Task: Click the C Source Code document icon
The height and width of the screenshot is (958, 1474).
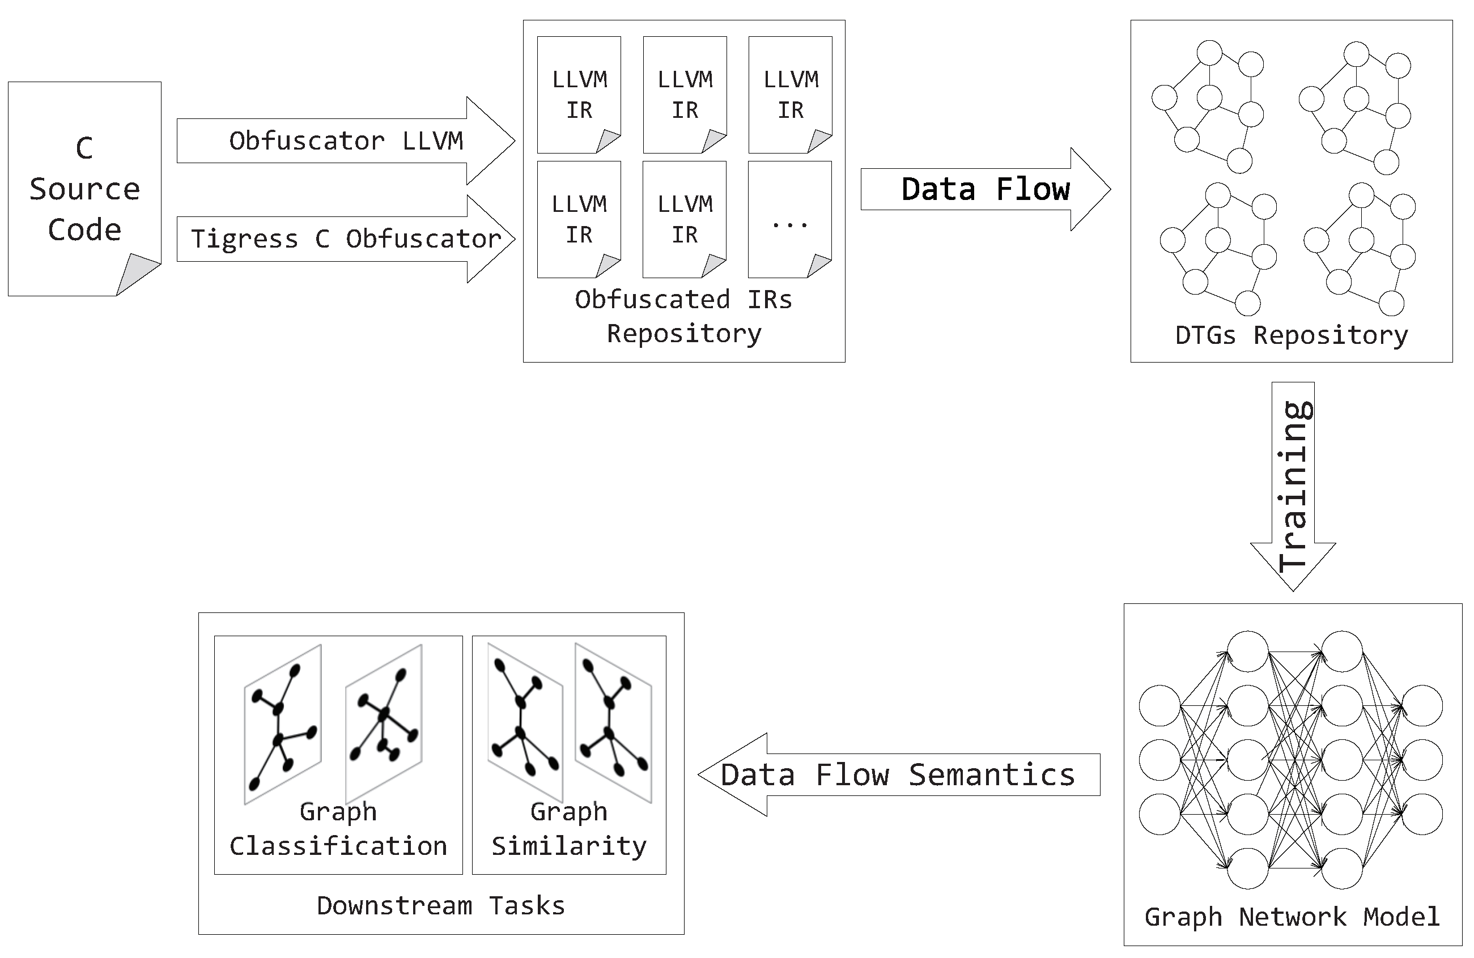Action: pyautogui.click(x=84, y=188)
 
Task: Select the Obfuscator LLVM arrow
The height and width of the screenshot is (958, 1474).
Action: pyautogui.click(x=346, y=140)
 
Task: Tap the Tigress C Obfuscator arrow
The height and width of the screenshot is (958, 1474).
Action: pyautogui.click(x=346, y=239)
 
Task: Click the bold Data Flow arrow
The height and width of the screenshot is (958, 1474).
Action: pyautogui.click(x=985, y=189)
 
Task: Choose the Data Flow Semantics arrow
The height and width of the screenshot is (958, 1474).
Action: pyautogui.click(x=898, y=774)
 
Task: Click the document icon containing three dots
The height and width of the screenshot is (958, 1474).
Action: pyautogui.click(x=789, y=219)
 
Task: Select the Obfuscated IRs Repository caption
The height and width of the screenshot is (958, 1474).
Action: pyautogui.click(x=684, y=317)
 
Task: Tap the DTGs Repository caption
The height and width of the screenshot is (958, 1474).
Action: pyautogui.click(x=1292, y=335)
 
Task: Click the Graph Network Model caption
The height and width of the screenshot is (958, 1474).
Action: pyautogui.click(x=1292, y=917)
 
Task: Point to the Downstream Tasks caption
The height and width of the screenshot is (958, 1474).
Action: pyautogui.click(x=441, y=905)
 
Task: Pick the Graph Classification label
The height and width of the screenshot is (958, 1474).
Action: pyautogui.click(x=338, y=829)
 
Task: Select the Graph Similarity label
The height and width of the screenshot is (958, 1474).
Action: pyautogui.click(x=568, y=829)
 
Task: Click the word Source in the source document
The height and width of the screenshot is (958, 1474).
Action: pyautogui.click(x=85, y=189)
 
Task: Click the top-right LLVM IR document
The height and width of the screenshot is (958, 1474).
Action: pyautogui.click(x=790, y=94)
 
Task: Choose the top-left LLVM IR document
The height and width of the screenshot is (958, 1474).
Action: pyautogui.click(x=579, y=94)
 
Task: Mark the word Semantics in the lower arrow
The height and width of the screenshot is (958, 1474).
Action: pyautogui.click(x=992, y=774)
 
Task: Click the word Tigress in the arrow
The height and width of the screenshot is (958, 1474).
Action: pyautogui.click(x=245, y=239)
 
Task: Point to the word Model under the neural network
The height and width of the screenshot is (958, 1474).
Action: pyautogui.click(x=1401, y=917)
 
